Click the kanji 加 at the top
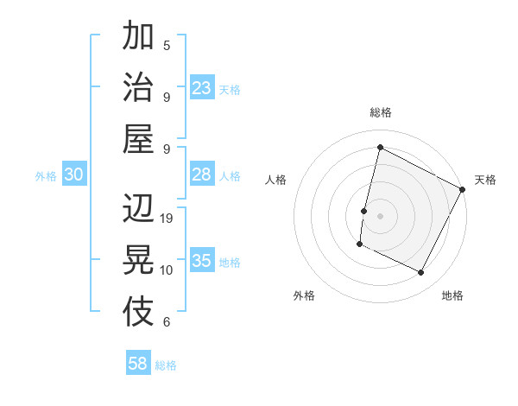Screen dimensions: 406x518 point(138,38)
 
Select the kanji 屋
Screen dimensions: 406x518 point(138,138)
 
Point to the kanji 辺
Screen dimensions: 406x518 point(138,209)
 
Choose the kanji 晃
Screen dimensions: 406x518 point(138,259)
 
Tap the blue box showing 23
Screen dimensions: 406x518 point(202,88)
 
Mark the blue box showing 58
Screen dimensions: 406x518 point(138,364)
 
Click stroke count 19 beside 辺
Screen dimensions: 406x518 point(167,219)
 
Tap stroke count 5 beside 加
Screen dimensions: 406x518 point(167,45)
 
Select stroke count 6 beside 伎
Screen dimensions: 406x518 point(167,322)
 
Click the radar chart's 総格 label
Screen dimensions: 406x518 point(380,112)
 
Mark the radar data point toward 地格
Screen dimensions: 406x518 point(421,273)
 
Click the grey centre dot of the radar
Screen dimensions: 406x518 point(380,215)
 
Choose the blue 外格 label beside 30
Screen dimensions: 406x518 point(46,176)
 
